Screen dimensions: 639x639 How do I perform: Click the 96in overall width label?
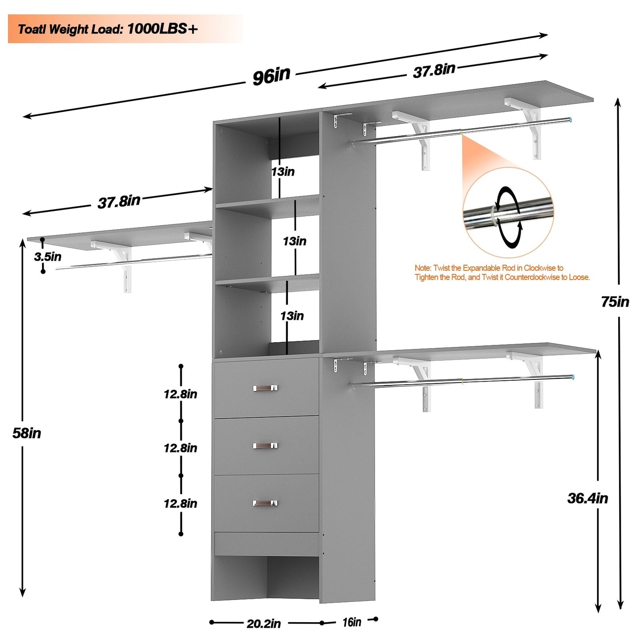pos(272,76)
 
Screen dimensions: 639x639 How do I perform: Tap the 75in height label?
pos(615,302)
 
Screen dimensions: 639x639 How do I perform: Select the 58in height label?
pos(27,433)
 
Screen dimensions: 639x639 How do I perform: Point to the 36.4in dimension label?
pos(587,498)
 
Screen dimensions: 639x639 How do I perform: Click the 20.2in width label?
pos(264,624)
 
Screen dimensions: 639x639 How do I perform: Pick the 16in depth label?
pos(352,622)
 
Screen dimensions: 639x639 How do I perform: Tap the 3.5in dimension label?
pos(48,256)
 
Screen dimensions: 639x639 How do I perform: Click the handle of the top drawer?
pos(265,388)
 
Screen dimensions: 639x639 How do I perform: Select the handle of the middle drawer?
pos(265,445)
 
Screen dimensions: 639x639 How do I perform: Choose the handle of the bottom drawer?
pos(265,503)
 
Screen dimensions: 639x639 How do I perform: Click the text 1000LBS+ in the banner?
pos(162,29)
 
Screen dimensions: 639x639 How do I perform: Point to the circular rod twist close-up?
pos(508,213)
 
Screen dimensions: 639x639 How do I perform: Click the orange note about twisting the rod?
pos(502,272)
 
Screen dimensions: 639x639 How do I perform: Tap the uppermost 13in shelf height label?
pos(283,172)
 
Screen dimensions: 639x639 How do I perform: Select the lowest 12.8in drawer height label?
pos(180,503)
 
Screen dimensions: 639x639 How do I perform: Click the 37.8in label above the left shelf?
pos(119,202)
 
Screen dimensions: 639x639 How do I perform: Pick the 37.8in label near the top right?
pos(434,70)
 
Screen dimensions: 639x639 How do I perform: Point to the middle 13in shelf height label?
pos(295,241)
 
